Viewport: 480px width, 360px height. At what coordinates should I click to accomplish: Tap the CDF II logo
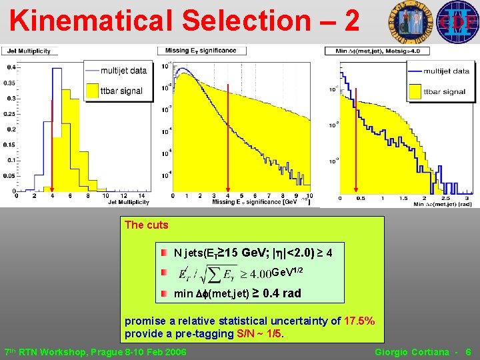click(x=456, y=21)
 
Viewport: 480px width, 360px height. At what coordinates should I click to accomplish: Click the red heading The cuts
click(x=146, y=225)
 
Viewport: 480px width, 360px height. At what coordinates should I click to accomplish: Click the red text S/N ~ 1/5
click(x=257, y=333)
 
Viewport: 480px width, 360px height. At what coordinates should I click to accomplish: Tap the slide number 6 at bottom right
click(x=469, y=351)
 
